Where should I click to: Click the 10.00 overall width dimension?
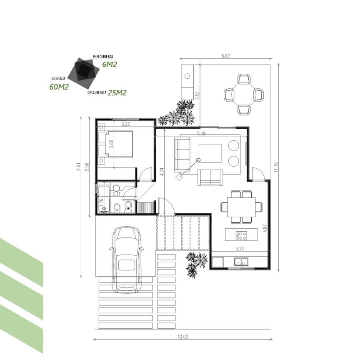[x=183, y=337]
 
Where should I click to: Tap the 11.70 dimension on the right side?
[x=276, y=167]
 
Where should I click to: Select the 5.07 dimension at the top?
[x=225, y=56]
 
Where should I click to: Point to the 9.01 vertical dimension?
[x=78, y=167]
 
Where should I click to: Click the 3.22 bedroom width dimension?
[x=125, y=124]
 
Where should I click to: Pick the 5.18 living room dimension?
[x=201, y=133]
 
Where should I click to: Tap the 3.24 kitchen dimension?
[x=240, y=248]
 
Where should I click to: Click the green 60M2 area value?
[x=59, y=87]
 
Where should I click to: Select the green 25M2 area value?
[x=117, y=93]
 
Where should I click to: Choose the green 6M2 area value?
[x=110, y=65]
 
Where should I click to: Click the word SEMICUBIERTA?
[x=103, y=57]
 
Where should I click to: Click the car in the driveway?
[x=127, y=260]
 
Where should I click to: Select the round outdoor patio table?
[x=244, y=94]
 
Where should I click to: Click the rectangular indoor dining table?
[x=241, y=207]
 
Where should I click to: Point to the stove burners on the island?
[x=241, y=236]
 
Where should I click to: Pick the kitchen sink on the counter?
[x=241, y=262]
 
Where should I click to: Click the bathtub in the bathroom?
[x=104, y=199]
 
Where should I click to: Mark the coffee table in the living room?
[x=210, y=153]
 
